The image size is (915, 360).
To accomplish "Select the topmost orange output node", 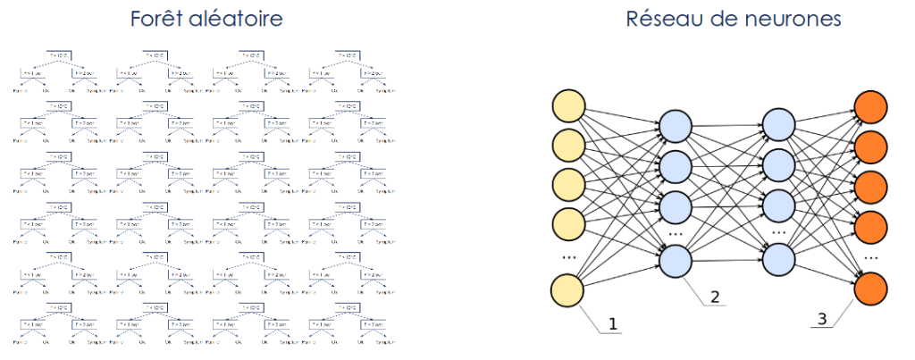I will pos(871,105).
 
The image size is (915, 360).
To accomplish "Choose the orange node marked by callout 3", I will pos(871,290).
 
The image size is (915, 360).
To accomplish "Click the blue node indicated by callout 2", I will pos(676,260).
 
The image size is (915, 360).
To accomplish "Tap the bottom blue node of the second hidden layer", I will pos(779,260).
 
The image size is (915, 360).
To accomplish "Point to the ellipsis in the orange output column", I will pos(871,256).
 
